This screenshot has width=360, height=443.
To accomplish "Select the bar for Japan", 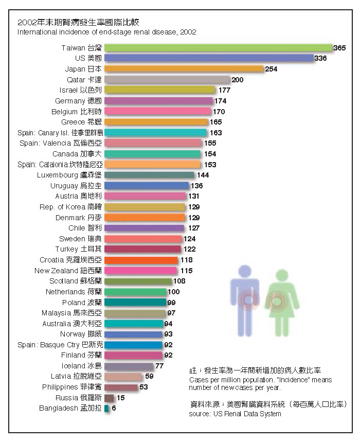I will coord(184,69).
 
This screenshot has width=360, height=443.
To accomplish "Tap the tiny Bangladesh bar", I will coord(106,409).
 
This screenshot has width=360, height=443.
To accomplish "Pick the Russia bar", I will coord(109,398).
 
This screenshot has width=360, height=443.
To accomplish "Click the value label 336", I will coord(320,59).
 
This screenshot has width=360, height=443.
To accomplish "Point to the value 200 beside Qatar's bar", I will coord(237,80).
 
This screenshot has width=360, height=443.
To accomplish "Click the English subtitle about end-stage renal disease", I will coord(106,32).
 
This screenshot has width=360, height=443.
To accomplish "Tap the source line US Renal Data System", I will coord(235,414).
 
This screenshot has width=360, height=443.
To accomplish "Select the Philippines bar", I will coord(121,387).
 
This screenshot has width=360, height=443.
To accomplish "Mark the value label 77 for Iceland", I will coord(159,366).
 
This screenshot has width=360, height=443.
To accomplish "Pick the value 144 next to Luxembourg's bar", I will coord(203,175).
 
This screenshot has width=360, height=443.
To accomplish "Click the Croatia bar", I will coord(141,260).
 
